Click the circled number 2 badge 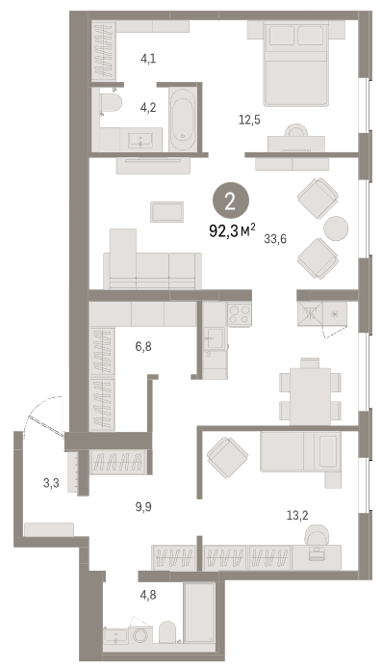pos(230,202)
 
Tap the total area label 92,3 pos(224,231)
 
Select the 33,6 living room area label pos(275,239)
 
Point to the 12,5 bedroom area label pos(249,120)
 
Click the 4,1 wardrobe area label pos(148,59)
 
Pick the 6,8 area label pos(143,346)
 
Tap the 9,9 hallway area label pos(143,507)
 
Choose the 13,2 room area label pos(297,516)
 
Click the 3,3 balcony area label pos(51,484)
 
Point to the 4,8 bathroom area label pos(148,595)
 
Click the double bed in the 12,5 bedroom pos(296,64)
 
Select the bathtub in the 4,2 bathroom pos(183,120)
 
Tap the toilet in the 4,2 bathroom pos(111,103)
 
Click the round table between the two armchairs pos(336,228)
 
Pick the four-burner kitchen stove pos(239,314)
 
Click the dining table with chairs pos(310,391)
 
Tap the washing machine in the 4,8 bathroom pos(140,635)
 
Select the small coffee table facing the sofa pos(166,212)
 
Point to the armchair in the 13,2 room pos(227,458)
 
